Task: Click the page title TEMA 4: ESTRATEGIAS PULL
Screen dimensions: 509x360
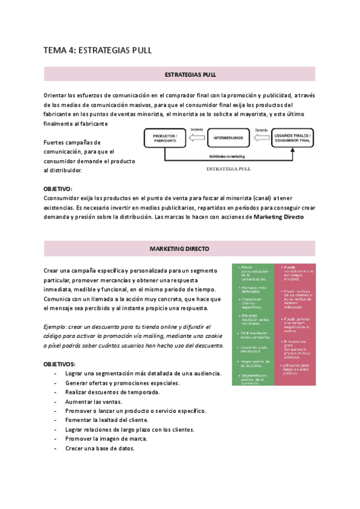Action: pyautogui.click(x=98, y=50)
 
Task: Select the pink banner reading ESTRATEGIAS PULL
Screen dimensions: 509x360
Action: pyautogui.click(x=179, y=74)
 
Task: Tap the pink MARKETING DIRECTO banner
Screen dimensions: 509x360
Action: pyautogui.click(x=179, y=248)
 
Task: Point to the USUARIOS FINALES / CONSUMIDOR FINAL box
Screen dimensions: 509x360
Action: pyautogui.click(x=292, y=139)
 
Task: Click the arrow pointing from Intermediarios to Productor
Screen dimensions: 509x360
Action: pyautogui.click(x=196, y=138)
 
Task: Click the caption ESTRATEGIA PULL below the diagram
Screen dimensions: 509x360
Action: pyautogui.click(x=228, y=169)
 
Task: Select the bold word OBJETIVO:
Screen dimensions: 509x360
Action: pyautogui.click(x=58, y=188)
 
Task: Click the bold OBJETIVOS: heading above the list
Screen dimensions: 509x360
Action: pyautogui.click(x=59, y=364)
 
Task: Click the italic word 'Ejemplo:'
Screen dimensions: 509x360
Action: pyautogui.click(x=58, y=327)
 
